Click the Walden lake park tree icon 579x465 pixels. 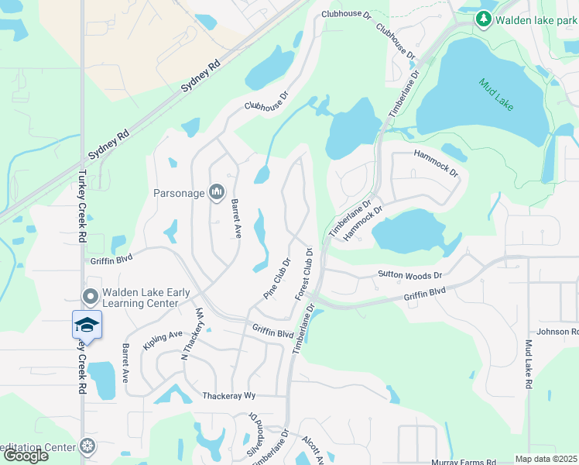click(485, 19)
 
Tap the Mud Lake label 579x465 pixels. click(496, 94)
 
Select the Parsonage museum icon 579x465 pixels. click(217, 192)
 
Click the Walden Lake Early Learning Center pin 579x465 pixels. click(90, 296)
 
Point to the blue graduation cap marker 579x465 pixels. click(87, 325)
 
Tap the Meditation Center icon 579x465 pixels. click(88, 446)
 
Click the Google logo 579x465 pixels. click(26, 455)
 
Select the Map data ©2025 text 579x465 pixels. click(546, 459)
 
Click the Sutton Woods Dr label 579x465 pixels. click(409, 275)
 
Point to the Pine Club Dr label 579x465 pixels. click(276, 280)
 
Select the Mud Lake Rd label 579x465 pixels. click(529, 364)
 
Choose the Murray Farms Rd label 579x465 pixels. click(464, 462)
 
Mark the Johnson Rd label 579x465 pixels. click(557, 332)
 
